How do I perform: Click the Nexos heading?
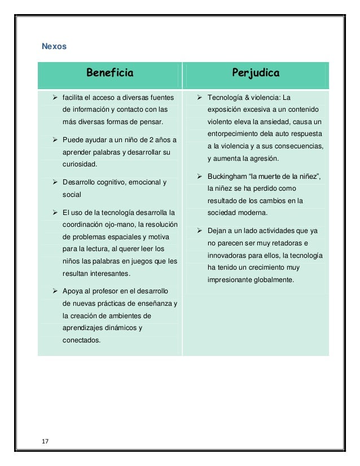click(55, 46)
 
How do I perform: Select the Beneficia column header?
click(109, 73)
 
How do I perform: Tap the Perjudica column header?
click(256, 73)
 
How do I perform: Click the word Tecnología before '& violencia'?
click(230, 98)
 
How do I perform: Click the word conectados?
click(81, 340)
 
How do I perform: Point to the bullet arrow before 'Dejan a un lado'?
click(201, 231)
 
